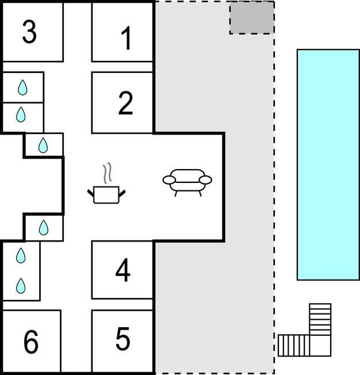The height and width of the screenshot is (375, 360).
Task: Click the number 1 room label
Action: click(126, 38)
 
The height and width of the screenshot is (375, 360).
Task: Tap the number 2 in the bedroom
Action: click(125, 103)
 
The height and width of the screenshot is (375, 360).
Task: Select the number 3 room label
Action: click(29, 32)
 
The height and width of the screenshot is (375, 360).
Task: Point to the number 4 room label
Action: click(123, 270)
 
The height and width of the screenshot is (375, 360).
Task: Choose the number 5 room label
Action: click(123, 338)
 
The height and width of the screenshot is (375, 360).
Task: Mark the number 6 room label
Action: click(31, 342)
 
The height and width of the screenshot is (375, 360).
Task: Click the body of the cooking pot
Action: click(106, 195)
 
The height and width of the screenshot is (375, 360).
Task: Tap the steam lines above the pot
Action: click(108, 173)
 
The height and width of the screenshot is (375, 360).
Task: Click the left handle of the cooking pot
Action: click(91, 193)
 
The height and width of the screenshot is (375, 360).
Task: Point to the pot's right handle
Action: click(122, 193)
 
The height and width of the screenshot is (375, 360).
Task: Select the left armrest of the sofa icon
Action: click(169, 180)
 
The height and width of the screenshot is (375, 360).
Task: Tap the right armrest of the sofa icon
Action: click(205, 180)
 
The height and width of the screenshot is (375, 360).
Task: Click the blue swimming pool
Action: click(328, 164)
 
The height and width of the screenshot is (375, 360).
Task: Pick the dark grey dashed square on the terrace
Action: click(252, 18)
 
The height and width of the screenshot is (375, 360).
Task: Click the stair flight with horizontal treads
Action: click(320, 319)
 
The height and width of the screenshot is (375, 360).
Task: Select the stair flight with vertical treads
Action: click(293, 345)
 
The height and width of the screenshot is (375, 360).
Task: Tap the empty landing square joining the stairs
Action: click(320, 345)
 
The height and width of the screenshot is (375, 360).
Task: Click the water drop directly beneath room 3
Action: click(22, 87)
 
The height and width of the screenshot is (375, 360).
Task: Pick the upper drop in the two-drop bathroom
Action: click(21, 255)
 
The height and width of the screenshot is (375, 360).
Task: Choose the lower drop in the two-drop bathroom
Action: click(21, 285)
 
